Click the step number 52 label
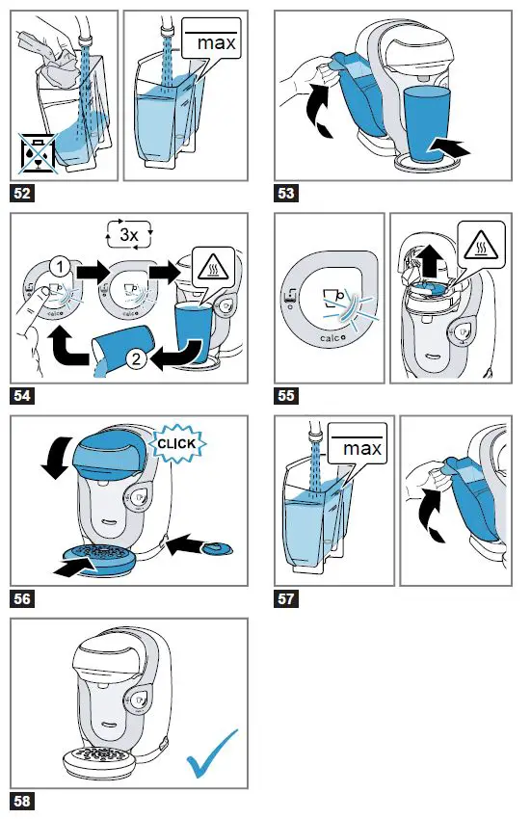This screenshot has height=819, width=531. coord(22,194)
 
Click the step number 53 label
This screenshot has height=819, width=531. coord(286,194)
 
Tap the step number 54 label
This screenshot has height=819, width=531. coord(22,395)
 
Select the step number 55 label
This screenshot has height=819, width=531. coord(286,395)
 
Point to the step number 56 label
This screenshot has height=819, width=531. coord(22,598)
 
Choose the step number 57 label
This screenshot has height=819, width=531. coord(286,598)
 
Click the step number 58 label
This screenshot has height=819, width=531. coord(22,801)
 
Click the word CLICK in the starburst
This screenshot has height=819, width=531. coord(176,444)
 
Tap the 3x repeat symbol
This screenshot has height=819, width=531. coord(129,234)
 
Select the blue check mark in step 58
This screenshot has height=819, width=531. coord(212,753)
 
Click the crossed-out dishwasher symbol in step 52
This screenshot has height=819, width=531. coord(38,153)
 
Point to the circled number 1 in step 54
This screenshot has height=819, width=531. coord(60,267)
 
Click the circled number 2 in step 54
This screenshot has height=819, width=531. coord(136,358)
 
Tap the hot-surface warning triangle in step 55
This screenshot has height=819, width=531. coord(481,245)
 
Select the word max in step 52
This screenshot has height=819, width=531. coord(216,42)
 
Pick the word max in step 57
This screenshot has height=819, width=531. coord(361,448)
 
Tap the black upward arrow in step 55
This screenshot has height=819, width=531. coord(430,258)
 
